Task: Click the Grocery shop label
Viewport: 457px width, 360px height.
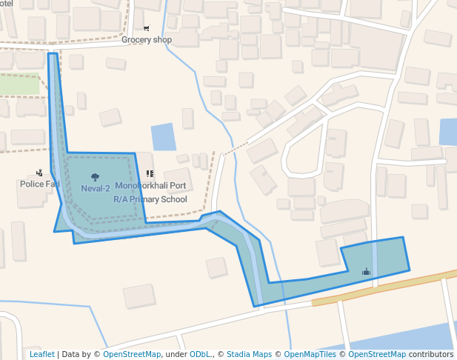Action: pyautogui.click(x=147, y=40)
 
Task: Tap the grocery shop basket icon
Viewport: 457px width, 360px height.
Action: pyautogui.click(x=146, y=27)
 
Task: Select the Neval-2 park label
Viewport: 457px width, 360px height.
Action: pyautogui.click(x=96, y=188)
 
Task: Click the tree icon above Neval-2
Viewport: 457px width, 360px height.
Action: pyautogui.click(x=95, y=176)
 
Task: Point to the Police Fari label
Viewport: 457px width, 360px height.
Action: pyautogui.click(x=40, y=184)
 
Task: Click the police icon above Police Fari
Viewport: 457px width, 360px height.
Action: pyautogui.click(x=39, y=173)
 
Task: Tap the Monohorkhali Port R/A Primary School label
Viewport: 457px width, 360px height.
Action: pyautogui.click(x=150, y=193)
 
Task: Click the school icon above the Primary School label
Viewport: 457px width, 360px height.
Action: pyautogui.click(x=150, y=174)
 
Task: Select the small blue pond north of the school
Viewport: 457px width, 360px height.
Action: pyautogui.click(x=164, y=137)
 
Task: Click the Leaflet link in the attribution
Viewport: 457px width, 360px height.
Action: pyautogui.click(x=42, y=354)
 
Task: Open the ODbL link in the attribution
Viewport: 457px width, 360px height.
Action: pyautogui.click(x=200, y=354)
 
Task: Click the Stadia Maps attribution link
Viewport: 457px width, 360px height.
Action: pyautogui.click(x=249, y=354)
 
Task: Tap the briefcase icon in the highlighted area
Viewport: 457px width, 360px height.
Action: pyautogui.click(x=366, y=272)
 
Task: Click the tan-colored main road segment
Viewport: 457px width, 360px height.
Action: pyautogui.click(x=385, y=287)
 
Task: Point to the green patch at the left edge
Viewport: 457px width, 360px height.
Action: pyautogui.click(x=19, y=84)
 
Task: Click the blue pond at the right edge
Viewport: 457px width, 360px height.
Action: pyautogui.click(x=448, y=132)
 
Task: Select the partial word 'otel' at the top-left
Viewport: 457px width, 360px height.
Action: pyautogui.click(x=7, y=4)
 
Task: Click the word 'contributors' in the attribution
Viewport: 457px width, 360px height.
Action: pyautogui.click(x=430, y=354)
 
